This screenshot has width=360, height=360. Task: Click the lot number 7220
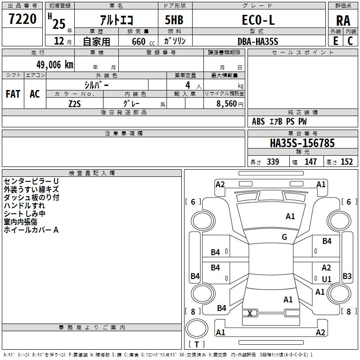(22, 19)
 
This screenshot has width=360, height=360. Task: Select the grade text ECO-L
(258, 20)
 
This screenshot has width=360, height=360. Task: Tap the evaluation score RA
(343, 21)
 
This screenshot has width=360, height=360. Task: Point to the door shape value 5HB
(174, 20)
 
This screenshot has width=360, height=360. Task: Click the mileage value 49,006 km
(55, 65)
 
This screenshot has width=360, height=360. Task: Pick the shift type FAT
(13, 94)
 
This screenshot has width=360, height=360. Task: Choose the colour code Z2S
(75, 104)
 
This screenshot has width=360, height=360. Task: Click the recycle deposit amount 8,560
(226, 104)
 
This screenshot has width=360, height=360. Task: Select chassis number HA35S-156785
(302, 143)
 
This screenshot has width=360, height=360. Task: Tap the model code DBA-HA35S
(258, 41)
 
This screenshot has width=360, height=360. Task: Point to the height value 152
(346, 162)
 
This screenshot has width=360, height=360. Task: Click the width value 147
(310, 162)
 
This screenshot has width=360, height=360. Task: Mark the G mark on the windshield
(284, 237)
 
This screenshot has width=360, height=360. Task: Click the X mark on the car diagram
(250, 313)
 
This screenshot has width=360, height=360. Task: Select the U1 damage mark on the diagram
(327, 279)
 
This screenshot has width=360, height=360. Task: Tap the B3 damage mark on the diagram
(347, 276)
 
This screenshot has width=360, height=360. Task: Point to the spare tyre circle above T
(197, 328)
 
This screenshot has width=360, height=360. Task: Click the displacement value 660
(139, 42)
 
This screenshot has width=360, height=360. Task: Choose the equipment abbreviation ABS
(258, 121)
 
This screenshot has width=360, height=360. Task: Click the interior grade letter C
(350, 41)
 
